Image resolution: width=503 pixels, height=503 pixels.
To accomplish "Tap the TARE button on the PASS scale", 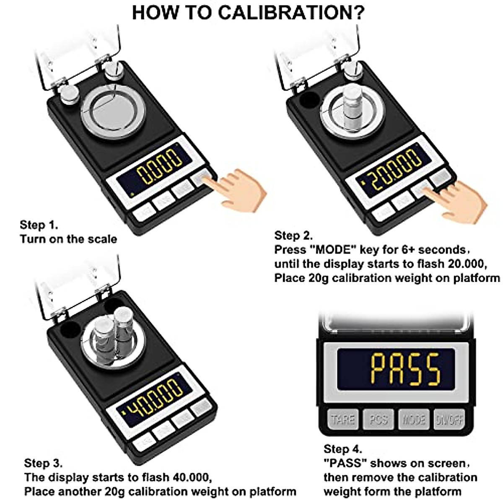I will click(x=342, y=419).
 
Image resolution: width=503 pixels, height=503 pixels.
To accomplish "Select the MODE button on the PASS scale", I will click(x=414, y=419).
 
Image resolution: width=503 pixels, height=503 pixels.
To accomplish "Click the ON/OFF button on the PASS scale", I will click(x=449, y=419).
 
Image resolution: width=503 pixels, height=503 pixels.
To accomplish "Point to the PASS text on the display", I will click(x=405, y=369).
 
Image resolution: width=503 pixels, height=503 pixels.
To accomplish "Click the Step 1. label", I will click(x=39, y=225).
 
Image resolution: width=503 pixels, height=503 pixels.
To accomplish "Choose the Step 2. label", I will click(x=293, y=235).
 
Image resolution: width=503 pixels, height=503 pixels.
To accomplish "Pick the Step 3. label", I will click(x=43, y=463).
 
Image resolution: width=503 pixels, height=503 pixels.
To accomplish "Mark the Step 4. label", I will click(x=342, y=449).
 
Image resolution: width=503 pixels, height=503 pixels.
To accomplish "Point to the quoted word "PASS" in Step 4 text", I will click(x=346, y=463).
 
